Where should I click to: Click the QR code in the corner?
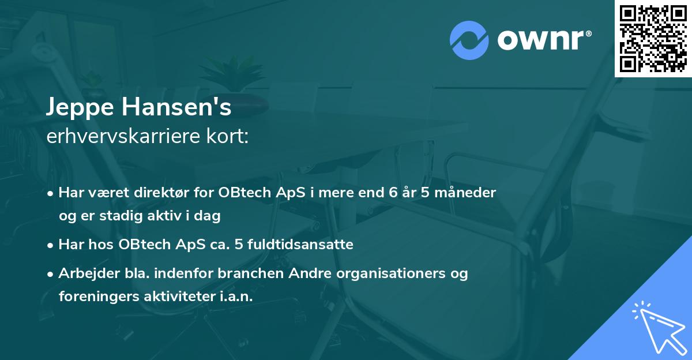tap(653, 39)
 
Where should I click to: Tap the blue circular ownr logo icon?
tap(469, 40)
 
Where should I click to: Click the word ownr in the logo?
tap(540, 40)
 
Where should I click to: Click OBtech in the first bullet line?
tap(242, 192)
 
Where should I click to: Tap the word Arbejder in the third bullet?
tap(86, 273)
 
